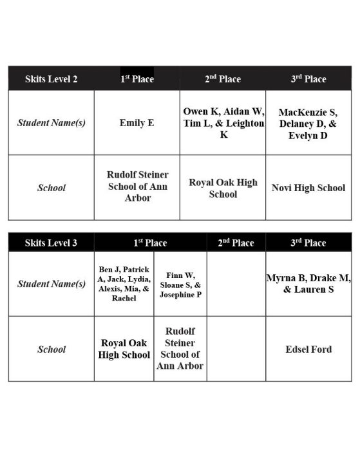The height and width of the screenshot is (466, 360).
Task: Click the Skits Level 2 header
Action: click(x=51, y=79)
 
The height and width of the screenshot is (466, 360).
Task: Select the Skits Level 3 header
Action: click(x=51, y=243)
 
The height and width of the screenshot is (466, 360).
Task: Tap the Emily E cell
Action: click(x=137, y=122)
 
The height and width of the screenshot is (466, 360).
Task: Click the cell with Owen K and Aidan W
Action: click(x=223, y=122)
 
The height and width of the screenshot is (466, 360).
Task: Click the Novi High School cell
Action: click(x=308, y=188)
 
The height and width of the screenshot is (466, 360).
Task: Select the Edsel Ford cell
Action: click(x=308, y=349)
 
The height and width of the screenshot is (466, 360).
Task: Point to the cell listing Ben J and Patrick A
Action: click(x=124, y=284)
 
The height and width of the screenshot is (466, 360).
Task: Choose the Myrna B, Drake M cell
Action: click(x=308, y=284)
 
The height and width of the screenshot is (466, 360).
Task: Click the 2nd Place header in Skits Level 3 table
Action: click(x=236, y=243)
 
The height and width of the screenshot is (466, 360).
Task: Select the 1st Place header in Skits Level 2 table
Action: click(x=137, y=79)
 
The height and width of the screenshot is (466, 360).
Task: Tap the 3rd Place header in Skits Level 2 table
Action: click(x=308, y=79)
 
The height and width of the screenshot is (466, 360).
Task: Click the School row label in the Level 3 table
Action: click(x=51, y=349)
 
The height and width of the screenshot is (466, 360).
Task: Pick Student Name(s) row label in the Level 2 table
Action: click(x=51, y=122)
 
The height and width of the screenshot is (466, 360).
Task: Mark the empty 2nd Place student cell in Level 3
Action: click(x=236, y=284)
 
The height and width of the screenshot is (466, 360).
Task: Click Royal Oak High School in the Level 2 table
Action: click(x=223, y=188)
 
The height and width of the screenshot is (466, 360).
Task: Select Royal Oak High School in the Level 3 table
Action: click(x=124, y=349)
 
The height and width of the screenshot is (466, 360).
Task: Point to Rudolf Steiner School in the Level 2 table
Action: click(x=137, y=187)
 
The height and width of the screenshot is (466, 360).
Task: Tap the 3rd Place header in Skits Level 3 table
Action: click(x=308, y=243)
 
